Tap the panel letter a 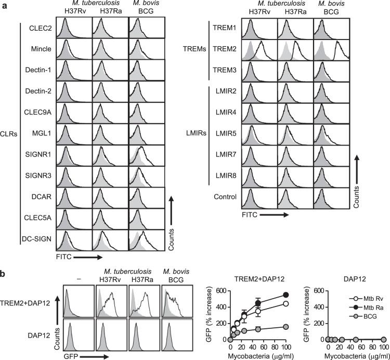coord(4,5)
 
